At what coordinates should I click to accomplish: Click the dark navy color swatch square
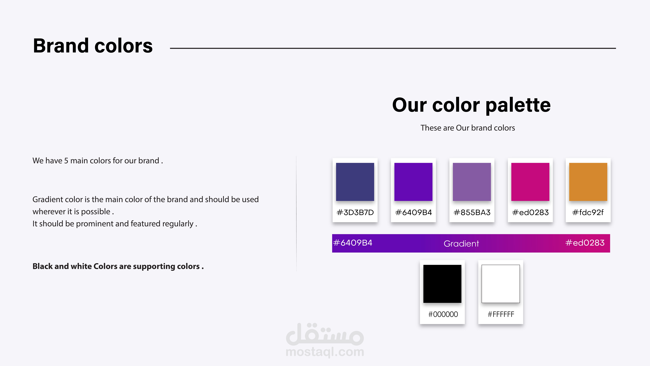[355, 182]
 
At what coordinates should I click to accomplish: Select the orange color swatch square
[588, 182]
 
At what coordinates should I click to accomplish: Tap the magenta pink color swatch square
[530, 182]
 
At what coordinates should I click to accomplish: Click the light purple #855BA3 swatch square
[472, 182]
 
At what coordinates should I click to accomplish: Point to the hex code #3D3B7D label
[355, 212]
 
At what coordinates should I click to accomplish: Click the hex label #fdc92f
[588, 212]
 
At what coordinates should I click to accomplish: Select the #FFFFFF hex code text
[501, 314]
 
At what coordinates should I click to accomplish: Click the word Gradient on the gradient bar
[461, 244]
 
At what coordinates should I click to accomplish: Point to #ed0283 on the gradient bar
[585, 243]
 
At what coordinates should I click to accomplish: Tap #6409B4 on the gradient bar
[353, 243]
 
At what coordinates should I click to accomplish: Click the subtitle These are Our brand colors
[468, 128]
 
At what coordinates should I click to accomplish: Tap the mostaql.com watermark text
[325, 352]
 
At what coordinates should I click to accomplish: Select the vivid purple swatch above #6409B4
[413, 182]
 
